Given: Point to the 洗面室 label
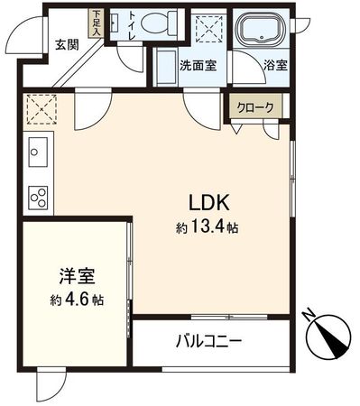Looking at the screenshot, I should pos(197,67).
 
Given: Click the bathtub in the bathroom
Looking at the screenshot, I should pos(263,33).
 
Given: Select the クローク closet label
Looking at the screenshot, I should pos(255,106).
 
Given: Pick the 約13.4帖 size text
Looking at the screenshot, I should pos(208,228).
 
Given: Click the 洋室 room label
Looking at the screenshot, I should pos(72,276).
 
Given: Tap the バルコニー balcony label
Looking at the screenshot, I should pos(207,342).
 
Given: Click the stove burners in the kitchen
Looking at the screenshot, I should pos(38,196).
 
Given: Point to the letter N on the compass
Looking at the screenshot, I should pos(309,315).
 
